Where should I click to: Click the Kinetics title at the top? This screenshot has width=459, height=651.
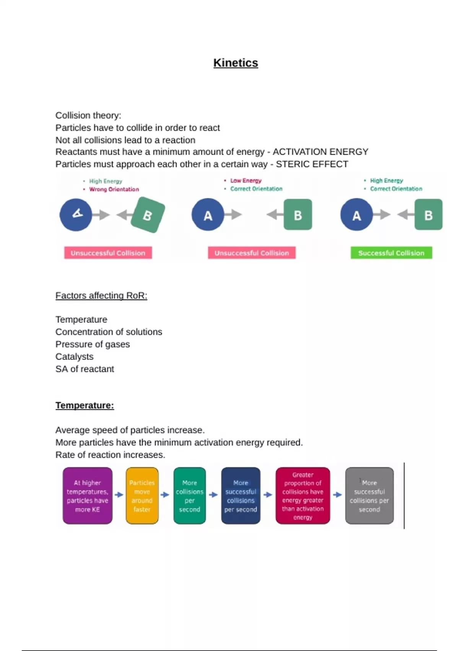236,63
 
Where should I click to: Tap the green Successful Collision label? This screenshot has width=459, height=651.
391,253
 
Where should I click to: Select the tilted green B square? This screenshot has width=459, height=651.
148,215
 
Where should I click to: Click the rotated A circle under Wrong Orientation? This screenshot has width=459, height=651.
76,214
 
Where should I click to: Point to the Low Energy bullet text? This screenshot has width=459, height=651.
246,180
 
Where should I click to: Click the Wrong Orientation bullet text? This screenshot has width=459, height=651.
114,189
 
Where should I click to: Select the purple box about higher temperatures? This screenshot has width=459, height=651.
88,496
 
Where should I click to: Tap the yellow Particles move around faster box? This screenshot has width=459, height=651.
142,496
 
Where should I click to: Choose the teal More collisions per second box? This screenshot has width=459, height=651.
189,496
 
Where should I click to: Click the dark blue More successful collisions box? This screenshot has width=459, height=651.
241,496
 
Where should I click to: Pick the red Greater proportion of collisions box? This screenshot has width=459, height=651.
303,496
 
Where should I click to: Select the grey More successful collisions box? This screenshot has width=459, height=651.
369,496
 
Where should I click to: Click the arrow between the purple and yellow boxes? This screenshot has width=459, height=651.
119,495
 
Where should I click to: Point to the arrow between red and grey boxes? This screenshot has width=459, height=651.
337,495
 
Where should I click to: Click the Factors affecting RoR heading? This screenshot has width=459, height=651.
101,296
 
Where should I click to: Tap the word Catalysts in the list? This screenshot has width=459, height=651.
75,357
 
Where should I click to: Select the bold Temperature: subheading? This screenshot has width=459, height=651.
85,405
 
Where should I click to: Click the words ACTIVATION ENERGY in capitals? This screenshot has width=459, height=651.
321,152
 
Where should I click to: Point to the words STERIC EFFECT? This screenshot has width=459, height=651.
312,164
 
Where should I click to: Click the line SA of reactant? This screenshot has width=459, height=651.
85,369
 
